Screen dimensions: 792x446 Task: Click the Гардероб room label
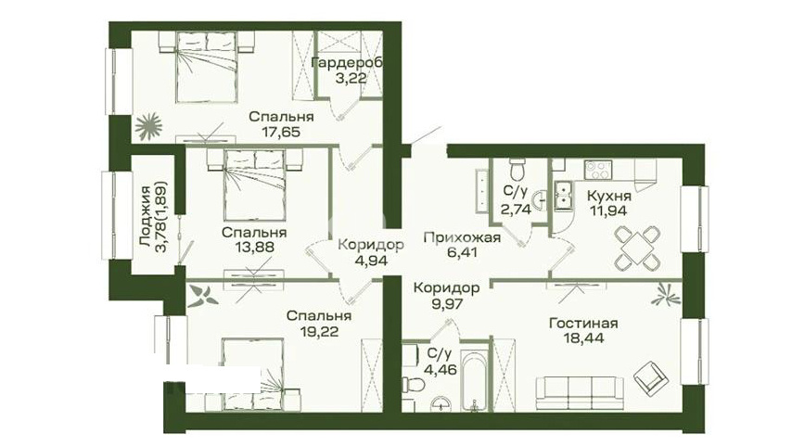pos(347,63)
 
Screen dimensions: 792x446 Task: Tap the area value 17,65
pos(281,133)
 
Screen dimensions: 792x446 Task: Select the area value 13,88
pos(254,247)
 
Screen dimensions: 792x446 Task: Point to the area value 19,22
pos(318,332)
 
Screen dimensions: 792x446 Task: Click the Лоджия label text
pos(146,216)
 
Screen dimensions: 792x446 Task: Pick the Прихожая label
pos(462,237)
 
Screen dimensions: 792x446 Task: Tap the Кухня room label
pos(609,196)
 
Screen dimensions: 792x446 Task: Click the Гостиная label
pos(583,323)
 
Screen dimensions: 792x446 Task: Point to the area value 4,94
pos(370,261)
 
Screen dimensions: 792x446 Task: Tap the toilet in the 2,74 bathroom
pos(517,170)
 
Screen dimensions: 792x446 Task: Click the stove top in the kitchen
pos(598,170)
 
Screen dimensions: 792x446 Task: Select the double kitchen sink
pos(562,195)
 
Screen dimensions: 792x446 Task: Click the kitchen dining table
pos(637,248)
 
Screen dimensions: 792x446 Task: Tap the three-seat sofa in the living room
pos(580,392)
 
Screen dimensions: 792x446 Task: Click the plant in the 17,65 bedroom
pos(148,126)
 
